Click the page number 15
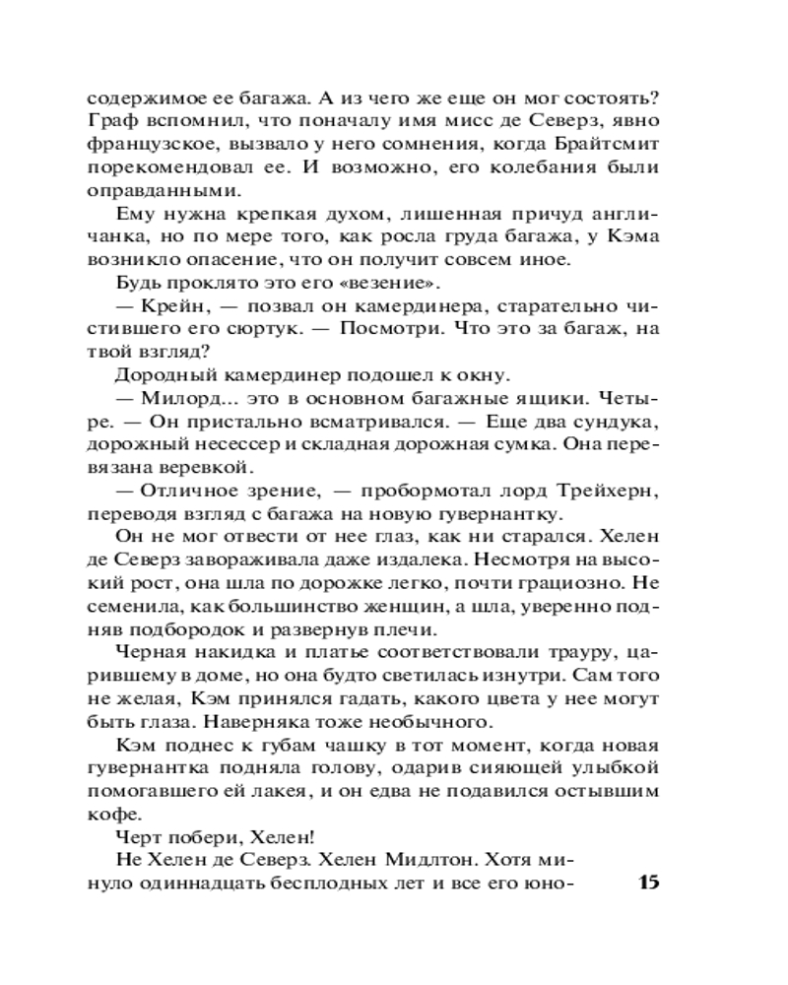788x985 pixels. point(645,881)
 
